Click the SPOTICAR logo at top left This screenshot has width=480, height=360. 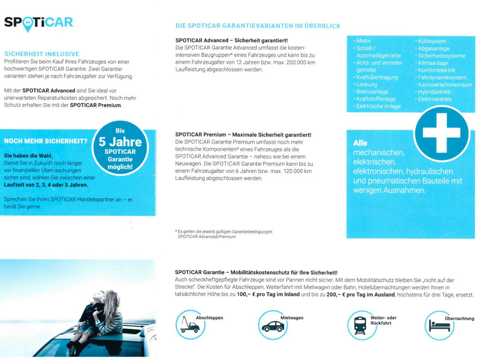point(38,23)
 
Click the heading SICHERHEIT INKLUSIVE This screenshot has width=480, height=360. point(42,54)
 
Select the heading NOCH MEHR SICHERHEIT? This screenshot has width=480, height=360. point(46,141)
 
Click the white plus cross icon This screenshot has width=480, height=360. point(441,133)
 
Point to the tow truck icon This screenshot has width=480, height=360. point(190,326)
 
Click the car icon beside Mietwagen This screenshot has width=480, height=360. point(272,326)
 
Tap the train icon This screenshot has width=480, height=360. point(360,325)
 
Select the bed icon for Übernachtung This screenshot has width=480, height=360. point(439,326)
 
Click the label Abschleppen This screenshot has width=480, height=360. point(209,318)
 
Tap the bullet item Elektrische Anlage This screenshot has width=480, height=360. point(378,106)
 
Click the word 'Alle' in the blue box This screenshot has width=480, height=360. point(360,143)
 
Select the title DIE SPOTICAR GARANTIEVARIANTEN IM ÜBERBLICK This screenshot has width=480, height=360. point(258,26)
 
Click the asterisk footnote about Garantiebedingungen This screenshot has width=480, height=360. point(224,234)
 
